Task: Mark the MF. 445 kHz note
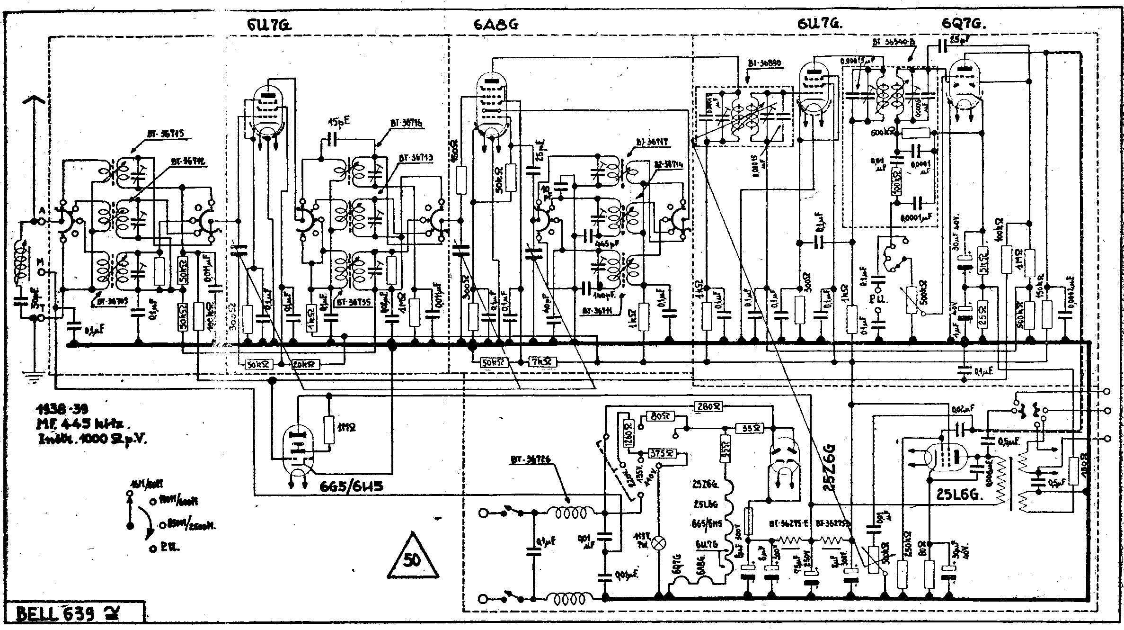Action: point(85,424)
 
